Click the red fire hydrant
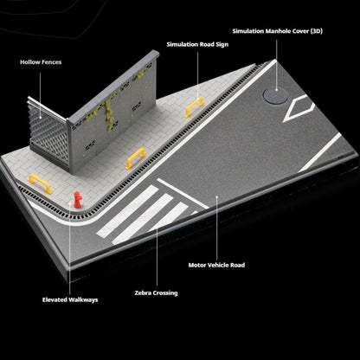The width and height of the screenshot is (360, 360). click(77, 200)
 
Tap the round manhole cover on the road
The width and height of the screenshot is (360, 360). click(275, 95)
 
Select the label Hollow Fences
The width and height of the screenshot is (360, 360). click(41, 62)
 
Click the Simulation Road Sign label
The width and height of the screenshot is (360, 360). click(197, 44)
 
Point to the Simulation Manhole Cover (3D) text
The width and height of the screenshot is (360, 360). click(278, 31)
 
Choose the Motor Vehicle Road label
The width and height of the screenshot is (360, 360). click(216, 265)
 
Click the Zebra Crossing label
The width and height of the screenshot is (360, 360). click(156, 293)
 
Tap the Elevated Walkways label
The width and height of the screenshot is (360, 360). click(70, 299)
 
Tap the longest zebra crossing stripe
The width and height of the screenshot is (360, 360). click(127, 211)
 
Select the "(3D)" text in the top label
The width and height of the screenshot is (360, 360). click(317, 31)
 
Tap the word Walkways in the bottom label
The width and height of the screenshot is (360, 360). click(84, 299)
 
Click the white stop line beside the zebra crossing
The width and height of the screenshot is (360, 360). click(183, 193)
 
